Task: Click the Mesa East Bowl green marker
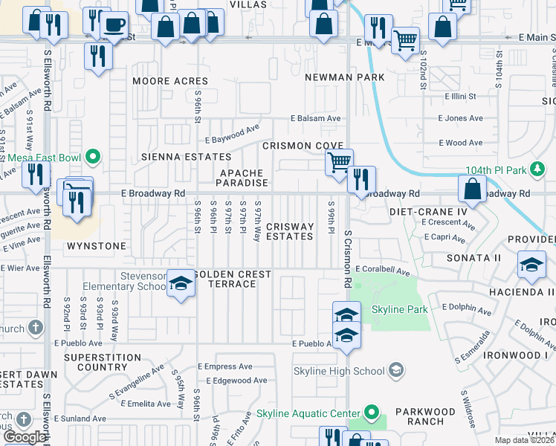click(93, 157)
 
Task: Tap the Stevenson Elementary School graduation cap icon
click(180, 285)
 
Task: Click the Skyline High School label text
click(339, 371)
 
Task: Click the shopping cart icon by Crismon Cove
click(339, 161)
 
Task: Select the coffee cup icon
click(114, 25)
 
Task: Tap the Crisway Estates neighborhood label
click(289, 231)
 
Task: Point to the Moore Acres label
click(170, 81)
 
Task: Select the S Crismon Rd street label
click(347, 259)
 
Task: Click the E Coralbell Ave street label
click(382, 270)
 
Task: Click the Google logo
click(25, 436)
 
